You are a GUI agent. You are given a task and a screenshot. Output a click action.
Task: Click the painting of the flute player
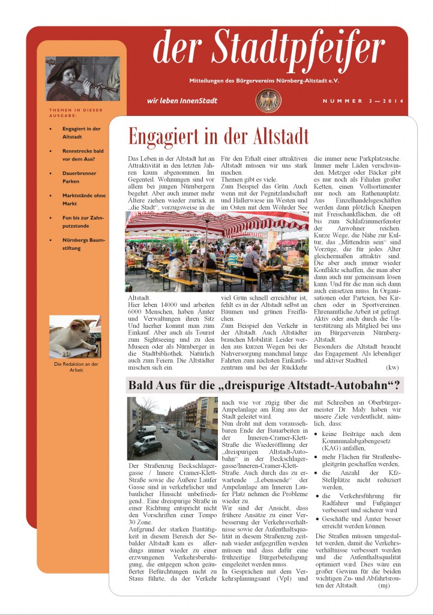pos(83,79)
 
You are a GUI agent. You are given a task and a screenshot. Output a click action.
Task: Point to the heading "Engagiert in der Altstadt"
pos(219,136)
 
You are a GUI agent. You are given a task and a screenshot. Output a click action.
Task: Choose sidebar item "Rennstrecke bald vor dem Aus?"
pos(82,154)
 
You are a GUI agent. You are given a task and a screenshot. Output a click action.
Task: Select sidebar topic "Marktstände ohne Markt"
pos(83,199)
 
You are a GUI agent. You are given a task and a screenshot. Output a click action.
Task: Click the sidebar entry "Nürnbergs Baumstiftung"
pos(83,243)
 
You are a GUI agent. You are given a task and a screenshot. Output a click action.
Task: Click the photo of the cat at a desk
pos(75,336)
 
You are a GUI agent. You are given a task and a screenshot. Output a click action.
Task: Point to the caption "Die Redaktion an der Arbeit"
pos(76,366)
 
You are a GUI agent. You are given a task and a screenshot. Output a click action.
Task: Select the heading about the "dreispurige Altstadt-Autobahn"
pos(264,385)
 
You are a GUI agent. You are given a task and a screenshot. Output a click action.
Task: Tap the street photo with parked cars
pos(172,428)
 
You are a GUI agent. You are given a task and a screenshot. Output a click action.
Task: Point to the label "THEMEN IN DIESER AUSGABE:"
pos(76,112)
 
